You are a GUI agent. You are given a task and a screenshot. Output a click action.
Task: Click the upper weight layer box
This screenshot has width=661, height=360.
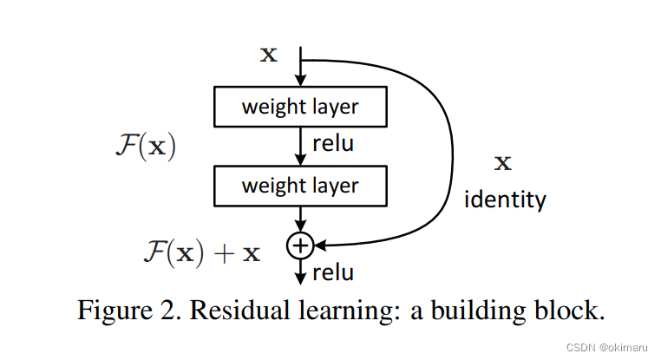(299, 108)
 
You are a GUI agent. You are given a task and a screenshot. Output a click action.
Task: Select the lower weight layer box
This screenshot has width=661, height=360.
(299, 186)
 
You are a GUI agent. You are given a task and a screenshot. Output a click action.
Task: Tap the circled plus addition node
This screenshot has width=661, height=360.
(299, 246)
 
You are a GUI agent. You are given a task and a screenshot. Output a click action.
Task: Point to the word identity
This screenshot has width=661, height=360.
(505, 200)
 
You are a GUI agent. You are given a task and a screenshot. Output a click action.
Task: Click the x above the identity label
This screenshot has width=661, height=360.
(502, 162)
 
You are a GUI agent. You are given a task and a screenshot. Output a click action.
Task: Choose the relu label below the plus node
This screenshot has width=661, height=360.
(333, 272)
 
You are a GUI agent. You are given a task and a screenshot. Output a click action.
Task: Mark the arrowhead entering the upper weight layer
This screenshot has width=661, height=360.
(299, 84)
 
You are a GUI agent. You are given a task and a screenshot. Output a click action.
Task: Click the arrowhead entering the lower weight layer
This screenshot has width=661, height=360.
(299, 162)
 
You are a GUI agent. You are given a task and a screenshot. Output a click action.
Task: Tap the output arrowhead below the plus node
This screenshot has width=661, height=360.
(299, 278)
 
